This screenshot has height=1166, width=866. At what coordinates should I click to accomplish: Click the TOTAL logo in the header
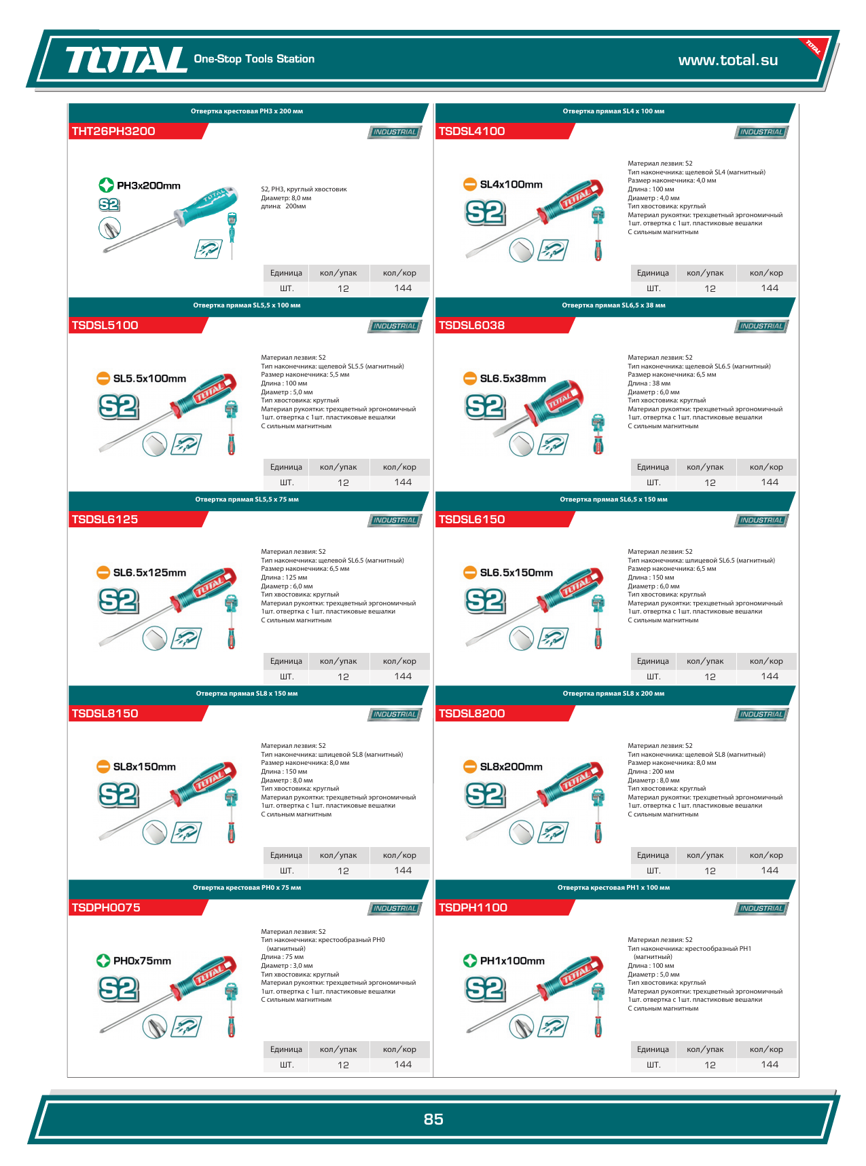(126, 60)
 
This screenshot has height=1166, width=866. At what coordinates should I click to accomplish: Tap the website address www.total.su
(728, 60)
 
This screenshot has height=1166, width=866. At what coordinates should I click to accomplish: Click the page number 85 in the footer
(433, 1119)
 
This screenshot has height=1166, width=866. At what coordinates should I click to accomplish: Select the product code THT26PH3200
(113, 131)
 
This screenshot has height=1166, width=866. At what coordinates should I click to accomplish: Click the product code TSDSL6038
(471, 325)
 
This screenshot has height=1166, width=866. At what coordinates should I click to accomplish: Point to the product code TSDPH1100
(473, 907)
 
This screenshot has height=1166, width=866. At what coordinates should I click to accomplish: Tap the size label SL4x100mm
(511, 185)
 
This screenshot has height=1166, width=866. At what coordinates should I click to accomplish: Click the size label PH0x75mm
(142, 961)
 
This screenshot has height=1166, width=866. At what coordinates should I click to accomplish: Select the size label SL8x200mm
(511, 767)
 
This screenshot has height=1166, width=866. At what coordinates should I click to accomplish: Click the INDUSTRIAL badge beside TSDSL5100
(395, 326)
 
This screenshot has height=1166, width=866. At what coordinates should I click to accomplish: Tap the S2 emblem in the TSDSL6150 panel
(485, 601)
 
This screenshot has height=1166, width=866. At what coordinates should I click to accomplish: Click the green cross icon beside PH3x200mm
(106, 185)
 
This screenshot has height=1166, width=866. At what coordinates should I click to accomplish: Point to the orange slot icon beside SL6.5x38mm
(470, 379)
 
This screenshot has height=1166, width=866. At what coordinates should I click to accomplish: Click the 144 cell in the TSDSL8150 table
(403, 870)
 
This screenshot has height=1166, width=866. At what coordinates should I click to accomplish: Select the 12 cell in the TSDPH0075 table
(343, 1065)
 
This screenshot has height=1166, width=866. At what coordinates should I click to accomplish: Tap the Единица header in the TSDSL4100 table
(653, 273)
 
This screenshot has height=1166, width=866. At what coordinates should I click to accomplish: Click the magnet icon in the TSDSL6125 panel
(186, 639)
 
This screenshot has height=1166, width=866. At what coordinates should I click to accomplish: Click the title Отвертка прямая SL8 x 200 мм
(613, 694)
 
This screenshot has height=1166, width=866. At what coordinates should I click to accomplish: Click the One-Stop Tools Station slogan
(254, 59)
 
